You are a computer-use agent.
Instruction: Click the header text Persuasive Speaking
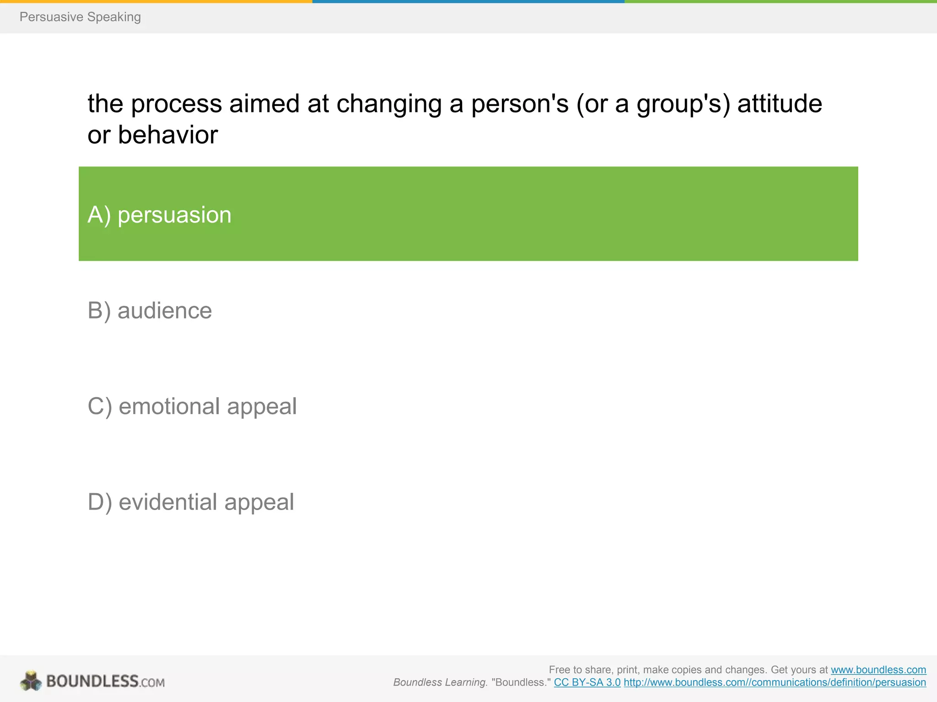[80, 17]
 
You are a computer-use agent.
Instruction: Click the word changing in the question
[389, 104]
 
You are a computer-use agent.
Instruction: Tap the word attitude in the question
[780, 104]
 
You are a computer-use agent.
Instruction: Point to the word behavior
[167, 135]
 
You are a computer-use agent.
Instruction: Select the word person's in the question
[520, 104]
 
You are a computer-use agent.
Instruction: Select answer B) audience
[150, 311]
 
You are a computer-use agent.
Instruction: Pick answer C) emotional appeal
[192, 406]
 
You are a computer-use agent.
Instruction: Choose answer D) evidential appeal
[191, 502]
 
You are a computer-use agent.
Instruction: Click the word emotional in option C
[169, 406]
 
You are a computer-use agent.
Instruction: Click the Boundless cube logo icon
[31, 681]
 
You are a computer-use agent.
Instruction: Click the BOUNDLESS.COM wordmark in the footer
[105, 681]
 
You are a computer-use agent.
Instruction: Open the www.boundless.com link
[878, 670]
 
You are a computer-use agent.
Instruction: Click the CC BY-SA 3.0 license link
[587, 682]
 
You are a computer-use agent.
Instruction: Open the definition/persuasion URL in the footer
[775, 682]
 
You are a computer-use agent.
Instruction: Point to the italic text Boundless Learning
[440, 682]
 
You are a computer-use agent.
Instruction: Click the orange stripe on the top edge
[156, 1]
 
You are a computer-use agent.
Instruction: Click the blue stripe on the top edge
[468, 1]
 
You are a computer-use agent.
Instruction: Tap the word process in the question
[177, 104]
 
